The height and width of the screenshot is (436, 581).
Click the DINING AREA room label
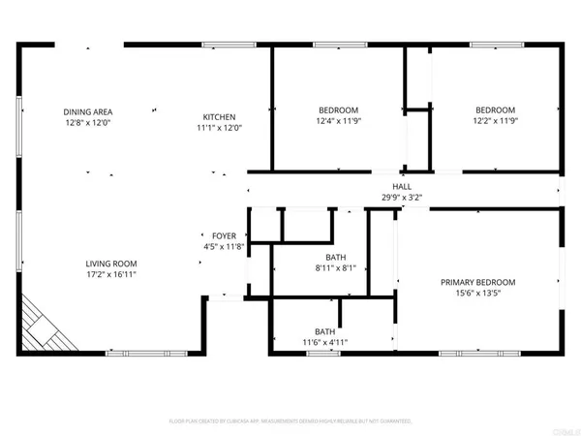[x=88, y=112]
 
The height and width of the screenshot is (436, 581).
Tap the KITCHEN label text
[x=219, y=115]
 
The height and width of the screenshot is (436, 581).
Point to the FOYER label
[x=224, y=236]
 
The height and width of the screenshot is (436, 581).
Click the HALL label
[x=400, y=186]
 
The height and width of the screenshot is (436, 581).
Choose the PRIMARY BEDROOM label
[x=477, y=282]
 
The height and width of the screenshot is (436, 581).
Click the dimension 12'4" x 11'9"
[x=339, y=122]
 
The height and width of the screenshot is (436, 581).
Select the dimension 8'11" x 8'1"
[x=335, y=268]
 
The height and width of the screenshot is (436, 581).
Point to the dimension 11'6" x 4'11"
[x=324, y=343]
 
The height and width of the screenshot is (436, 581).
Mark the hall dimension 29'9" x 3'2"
[x=400, y=198]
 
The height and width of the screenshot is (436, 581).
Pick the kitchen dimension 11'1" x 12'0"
[x=219, y=127]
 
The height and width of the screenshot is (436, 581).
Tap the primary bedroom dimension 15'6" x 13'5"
[x=477, y=294]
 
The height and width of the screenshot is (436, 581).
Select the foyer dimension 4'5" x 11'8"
[x=224, y=248]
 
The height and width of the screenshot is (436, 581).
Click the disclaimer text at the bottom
[x=290, y=421]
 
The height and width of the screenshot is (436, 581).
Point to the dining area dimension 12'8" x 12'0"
[x=88, y=124]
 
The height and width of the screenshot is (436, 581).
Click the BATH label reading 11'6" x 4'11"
[x=324, y=331]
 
